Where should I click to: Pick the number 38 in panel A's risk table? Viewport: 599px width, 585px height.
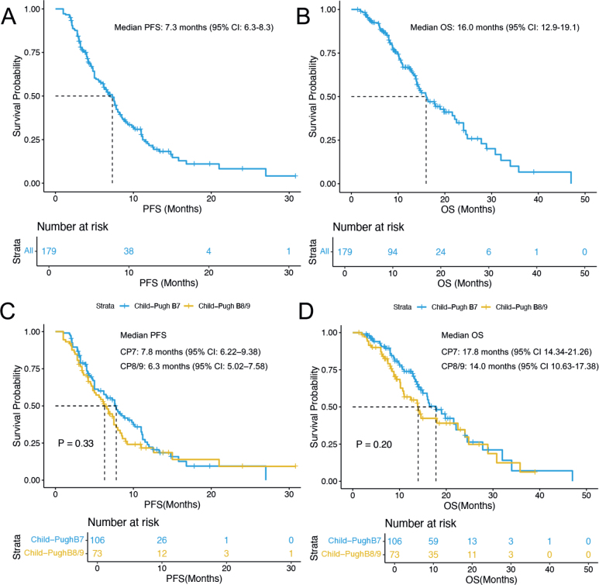coord(129,251)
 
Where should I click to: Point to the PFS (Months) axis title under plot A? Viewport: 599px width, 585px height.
coord(157,208)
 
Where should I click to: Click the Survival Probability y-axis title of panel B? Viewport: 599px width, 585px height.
coord(314,96)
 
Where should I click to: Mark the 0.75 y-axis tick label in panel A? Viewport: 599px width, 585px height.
coord(33,53)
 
